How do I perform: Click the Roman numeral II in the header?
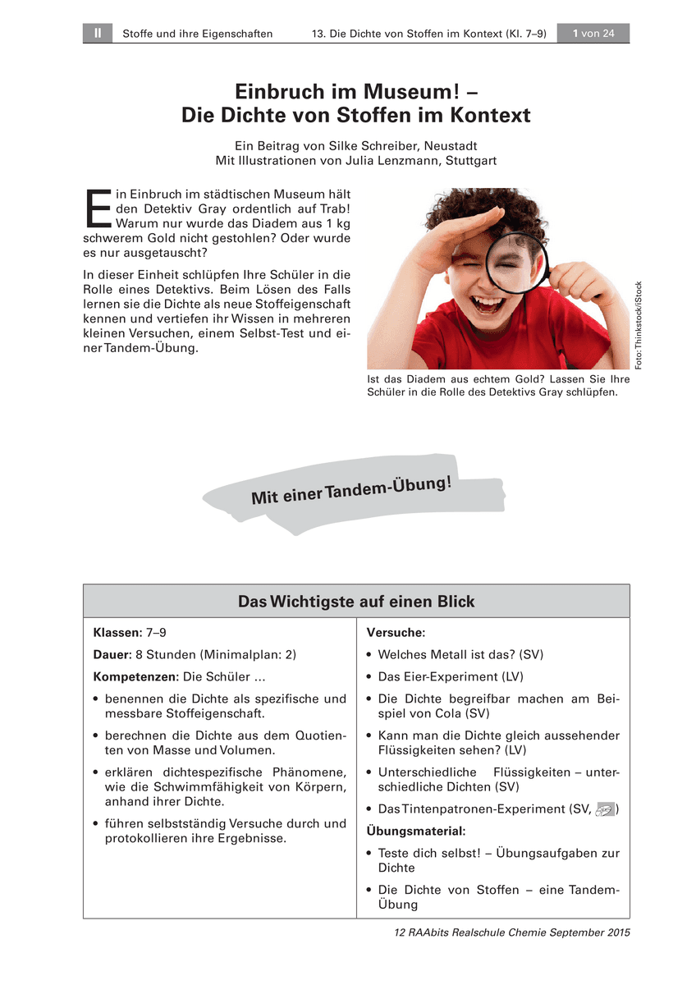[97, 34]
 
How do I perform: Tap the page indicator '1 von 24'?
[593, 34]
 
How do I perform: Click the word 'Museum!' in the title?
[437, 90]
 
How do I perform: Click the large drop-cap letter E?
[98, 208]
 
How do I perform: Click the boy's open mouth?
[488, 306]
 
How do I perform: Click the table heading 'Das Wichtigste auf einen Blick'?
[356, 602]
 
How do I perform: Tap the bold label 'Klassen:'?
[118, 633]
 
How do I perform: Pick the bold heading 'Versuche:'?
[396, 633]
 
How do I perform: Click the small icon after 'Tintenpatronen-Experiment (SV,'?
[605, 809]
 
